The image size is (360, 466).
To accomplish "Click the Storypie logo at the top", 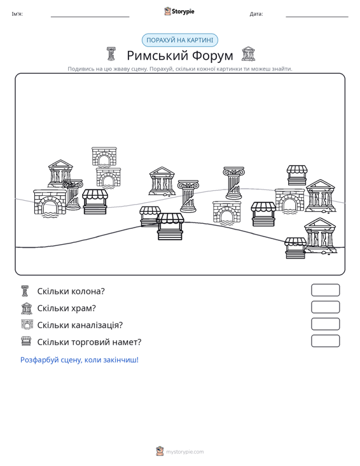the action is [179, 11].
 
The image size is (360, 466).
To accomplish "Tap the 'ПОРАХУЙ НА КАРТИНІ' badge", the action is [180, 40].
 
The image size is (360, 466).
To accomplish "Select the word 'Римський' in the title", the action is [158, 55].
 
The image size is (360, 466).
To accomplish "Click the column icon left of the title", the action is [111, 54].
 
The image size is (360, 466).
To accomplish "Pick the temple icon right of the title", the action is [248, 54].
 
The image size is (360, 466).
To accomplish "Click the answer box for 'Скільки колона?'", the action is [325, 290].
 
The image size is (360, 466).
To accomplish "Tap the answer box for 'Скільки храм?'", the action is [325, 307].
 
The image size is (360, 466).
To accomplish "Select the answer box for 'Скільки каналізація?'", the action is [325, 324].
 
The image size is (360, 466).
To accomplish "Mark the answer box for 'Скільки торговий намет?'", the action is [325, 341].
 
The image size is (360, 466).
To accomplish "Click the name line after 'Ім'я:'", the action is [90, 17].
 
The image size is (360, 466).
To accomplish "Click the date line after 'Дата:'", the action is [317, 17].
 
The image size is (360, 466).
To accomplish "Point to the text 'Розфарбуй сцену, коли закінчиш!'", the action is [80, 360].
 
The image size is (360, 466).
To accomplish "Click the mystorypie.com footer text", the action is [185, 452].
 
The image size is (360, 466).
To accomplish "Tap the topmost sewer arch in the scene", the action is [104, 156].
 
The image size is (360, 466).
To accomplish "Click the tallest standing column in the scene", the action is [233, 182].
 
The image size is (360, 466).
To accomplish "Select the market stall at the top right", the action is [296, 175].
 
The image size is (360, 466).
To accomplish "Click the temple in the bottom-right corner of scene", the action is [320, 236].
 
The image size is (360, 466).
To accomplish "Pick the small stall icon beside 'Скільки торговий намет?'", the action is [26, 341].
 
